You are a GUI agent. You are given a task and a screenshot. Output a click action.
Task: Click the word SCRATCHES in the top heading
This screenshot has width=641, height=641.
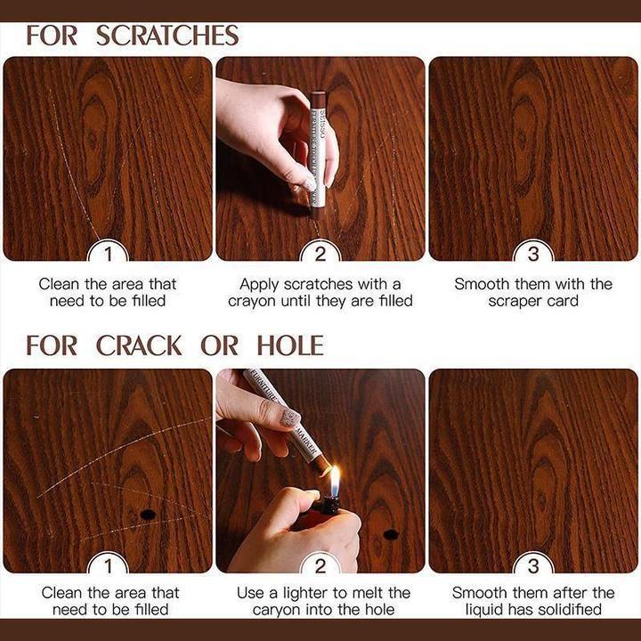(167, 36)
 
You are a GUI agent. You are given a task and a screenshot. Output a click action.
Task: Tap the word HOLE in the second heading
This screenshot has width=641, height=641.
(290, 345)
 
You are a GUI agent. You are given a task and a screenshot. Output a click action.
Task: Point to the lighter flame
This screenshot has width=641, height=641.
(335, 482)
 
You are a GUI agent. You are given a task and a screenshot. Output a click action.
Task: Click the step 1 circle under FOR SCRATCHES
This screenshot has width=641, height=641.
(108, 255)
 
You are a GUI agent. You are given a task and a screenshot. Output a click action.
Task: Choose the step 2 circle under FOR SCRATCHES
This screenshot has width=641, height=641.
(320, 255)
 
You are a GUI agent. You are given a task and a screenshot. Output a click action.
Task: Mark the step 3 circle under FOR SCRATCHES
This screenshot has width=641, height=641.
(533, 255)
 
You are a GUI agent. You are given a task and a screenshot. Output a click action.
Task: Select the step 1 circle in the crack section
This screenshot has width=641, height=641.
(108, 564)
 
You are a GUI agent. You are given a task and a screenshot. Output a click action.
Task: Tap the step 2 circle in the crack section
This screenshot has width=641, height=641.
(320, 564)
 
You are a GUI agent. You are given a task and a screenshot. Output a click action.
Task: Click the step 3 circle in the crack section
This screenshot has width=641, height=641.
(533, 564)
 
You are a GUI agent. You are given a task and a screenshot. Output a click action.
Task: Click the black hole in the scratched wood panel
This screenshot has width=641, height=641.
(148, 515)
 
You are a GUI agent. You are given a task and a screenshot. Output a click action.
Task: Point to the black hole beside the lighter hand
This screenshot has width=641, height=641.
(390, 534)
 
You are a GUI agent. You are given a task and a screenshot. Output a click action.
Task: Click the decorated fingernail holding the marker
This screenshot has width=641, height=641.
(291, 418)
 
